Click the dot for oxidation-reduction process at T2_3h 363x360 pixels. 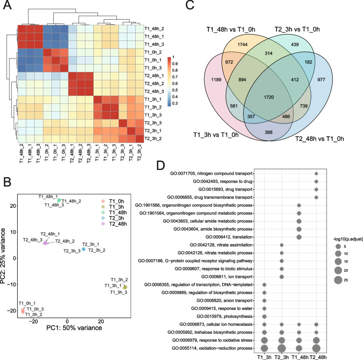pyautogui.click(x=282, y=348)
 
